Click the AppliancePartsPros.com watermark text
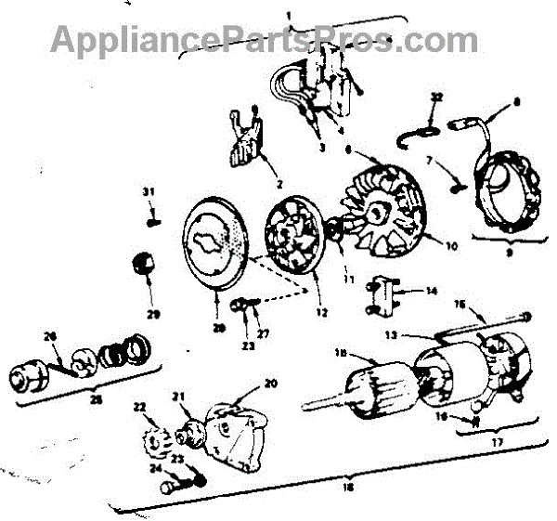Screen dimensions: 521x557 [264, 39]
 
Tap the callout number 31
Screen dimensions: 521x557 [148, 192]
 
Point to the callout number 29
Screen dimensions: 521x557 [152, 302]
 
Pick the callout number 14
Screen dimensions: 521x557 [431, 291]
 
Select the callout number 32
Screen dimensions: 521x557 [437, 97]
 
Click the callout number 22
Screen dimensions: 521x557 [140, 407]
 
